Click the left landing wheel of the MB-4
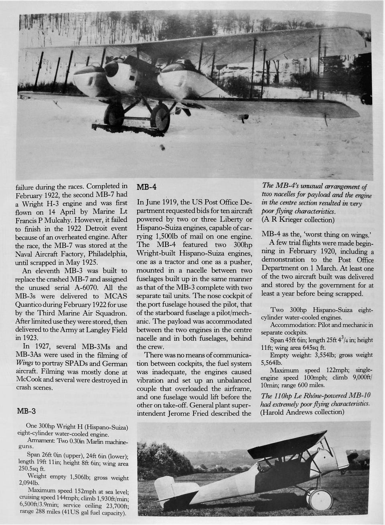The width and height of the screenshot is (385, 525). point(113,116)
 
